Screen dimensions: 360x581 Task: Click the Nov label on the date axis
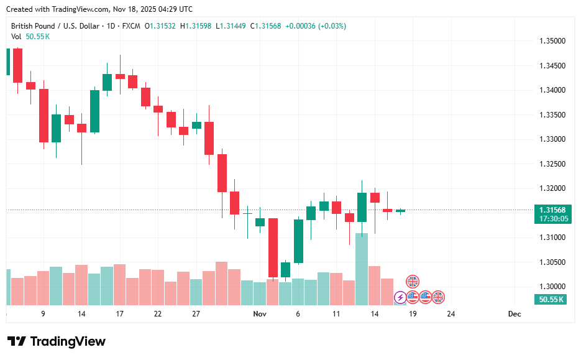260,314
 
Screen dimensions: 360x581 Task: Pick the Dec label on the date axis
514,314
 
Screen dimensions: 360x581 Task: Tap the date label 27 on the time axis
196,314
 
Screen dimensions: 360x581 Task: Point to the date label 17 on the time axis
119,314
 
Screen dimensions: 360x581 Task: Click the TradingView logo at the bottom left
57,341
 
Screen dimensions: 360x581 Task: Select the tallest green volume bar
362,269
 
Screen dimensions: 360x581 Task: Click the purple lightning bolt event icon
400,297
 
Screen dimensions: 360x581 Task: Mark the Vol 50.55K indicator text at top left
30,37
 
